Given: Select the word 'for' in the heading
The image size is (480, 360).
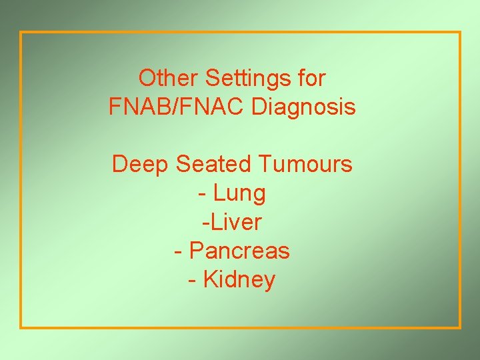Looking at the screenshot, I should click(x=311, y=79).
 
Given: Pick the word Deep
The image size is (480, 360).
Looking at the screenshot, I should click(x=141, y=164).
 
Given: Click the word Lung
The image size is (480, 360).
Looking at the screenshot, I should click(x=239, y=194).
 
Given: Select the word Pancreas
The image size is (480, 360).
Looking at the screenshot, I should click(x=239, y=251).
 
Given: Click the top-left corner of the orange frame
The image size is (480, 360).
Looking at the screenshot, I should click(x=21, y=32).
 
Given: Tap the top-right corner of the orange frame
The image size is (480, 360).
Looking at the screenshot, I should click(x=460, y=32).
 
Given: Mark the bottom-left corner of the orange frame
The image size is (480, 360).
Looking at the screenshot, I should click(x=21, y=327).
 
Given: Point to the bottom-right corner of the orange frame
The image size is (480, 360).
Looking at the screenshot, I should click(x=460, y=327).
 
